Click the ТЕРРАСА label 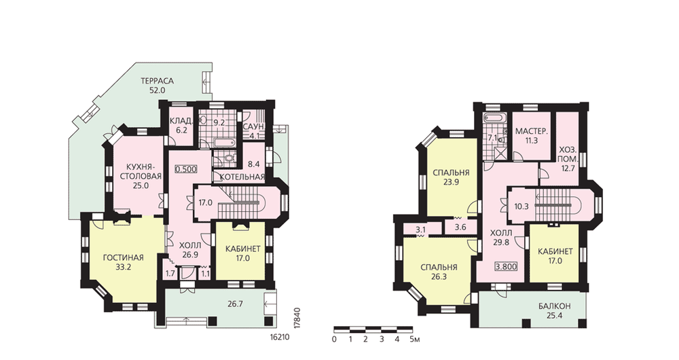(x=158, y=81)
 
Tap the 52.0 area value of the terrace (x=158, y=90)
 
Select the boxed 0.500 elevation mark (x=186, y=169)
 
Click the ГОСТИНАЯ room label (x=124, y=257)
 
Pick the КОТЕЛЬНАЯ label (x=242, y=177)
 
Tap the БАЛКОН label (x=555, y=306)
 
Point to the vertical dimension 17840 (x=297, y=319)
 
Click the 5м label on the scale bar (x=414, y=339)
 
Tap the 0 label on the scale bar (x=334, y=339)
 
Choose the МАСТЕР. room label (x=532, y=131)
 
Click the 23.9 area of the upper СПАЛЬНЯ (x=451, y=182)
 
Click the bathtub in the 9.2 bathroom (x=224, y=142)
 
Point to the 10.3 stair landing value (x=521, y=206)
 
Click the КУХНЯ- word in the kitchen (x=140, y=167)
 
